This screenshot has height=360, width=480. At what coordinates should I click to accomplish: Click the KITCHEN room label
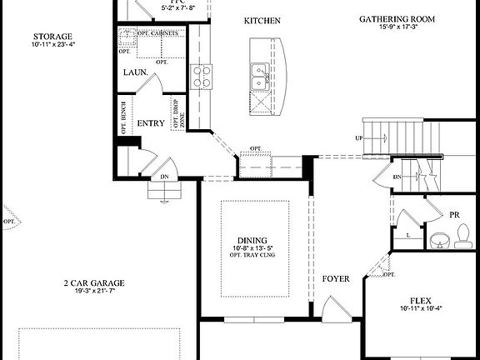(x=262, y=20)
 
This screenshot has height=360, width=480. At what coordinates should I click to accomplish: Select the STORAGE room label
(x=51, y=37)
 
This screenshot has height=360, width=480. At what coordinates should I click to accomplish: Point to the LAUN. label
(x=136, y=72)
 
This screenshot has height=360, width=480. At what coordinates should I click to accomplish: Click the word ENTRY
(x=151, y=122)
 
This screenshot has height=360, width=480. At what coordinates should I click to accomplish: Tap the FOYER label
(x=336, y=278)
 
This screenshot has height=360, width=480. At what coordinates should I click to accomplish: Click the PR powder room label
(x=455, y=215)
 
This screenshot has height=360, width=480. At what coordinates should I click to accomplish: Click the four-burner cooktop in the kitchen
(x=202, y=77)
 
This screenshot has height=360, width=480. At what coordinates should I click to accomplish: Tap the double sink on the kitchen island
(x=259, y=76)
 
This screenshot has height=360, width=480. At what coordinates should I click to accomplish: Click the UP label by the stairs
(x=359, y=137)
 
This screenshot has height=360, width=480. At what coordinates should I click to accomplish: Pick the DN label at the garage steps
(x=164, y=177)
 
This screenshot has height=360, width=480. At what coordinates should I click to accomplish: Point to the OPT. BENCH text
(x=123, y=117)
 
